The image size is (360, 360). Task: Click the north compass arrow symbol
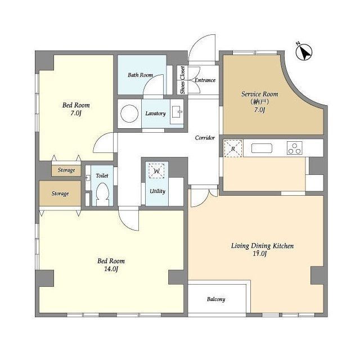coord(304,52)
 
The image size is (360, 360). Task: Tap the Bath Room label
coord(140,75)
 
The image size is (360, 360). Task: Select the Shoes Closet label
coord(182,80)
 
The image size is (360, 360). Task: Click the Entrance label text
coord(205,80)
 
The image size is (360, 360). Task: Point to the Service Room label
coord(259,94)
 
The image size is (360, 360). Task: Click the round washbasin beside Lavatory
coord(129,114)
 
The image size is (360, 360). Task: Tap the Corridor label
coord(205,138)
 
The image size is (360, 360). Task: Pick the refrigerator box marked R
coord(233,148)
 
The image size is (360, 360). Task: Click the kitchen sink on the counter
coord(262,148)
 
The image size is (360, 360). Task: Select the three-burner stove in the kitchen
coord(295,148)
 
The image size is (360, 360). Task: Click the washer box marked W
coord(156,171)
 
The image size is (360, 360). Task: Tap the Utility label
coord(157,191)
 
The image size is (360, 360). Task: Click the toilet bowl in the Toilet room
coord(102,194)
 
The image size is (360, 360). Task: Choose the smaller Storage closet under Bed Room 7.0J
coord(66,170)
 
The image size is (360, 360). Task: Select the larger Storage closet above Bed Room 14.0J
coord(60,193)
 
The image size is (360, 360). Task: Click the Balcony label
coord(216,299)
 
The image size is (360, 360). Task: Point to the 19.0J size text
coord(260,254)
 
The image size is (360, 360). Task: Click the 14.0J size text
coord(111,269)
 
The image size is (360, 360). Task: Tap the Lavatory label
coord(155,114)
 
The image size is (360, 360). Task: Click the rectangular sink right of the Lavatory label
coord(177,112)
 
